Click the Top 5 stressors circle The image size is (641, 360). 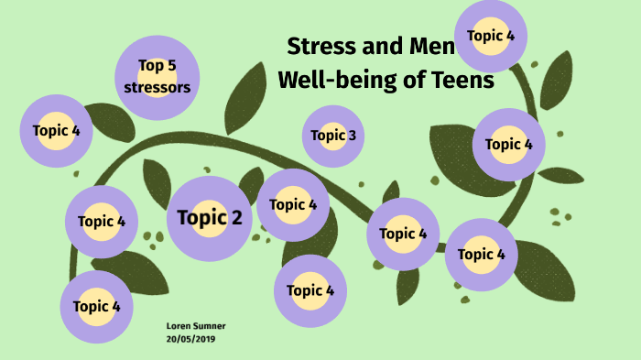click(158, 77)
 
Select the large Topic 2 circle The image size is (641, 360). click(210, 218)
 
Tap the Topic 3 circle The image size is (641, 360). click(333, 136)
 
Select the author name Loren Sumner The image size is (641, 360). click(196, 326)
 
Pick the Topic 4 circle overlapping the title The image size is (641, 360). click(491, 37)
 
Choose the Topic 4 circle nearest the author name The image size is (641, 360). click(97, 307)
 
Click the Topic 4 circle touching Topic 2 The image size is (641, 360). click(293, 204)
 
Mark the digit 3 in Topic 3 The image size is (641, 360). click(353, 136)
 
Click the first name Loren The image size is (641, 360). click(179, 326)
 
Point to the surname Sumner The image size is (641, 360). click(211, 326)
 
